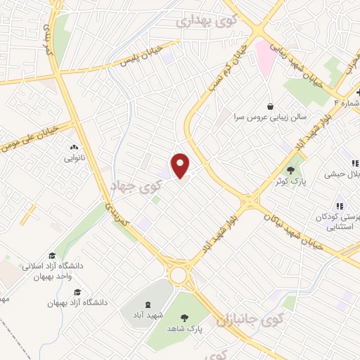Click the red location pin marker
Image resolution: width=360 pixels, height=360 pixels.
click(181, 165)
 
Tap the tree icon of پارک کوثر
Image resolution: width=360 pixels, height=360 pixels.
click(290, 169)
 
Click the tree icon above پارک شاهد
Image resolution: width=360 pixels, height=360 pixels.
click(185, 318)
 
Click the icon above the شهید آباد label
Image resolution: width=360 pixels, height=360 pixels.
click(147, 303)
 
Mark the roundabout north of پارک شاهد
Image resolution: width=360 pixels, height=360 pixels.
click(181, 274)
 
